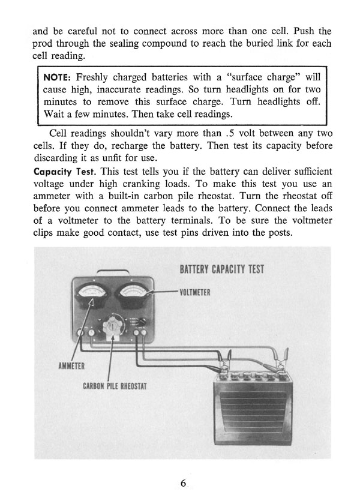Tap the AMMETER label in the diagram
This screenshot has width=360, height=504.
(71, 365)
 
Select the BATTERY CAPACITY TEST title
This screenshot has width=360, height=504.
(221, 268)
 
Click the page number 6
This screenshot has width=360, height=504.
(183, 484)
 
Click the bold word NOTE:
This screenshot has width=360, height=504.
(58, 78)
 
